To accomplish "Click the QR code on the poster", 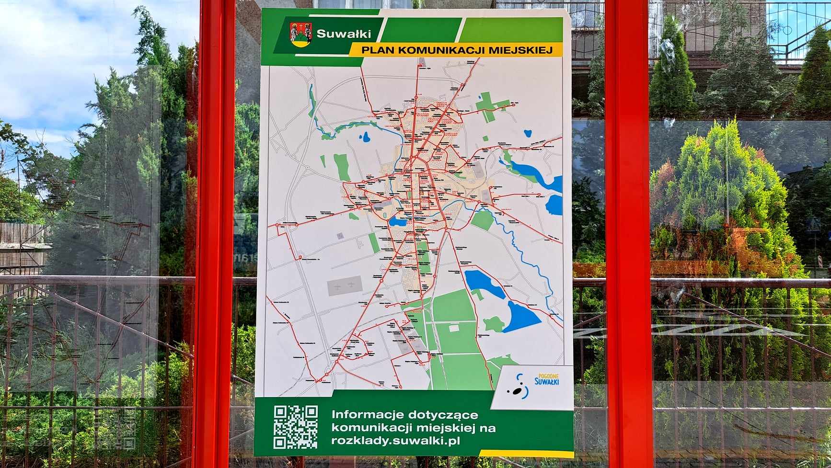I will tap(295, 427).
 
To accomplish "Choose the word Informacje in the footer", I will tap(368, 415).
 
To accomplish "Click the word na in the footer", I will tap(489, 428).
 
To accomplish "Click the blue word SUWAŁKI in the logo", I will tap(546, 382).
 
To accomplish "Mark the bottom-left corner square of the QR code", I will tap(280, 442).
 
